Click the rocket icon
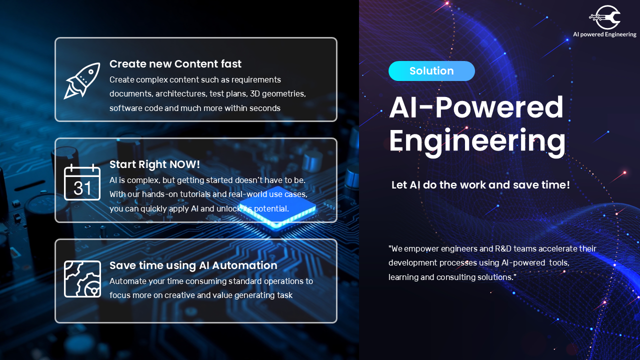coord(82,80)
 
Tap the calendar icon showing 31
coord(82,182)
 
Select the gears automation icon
coord(82,279)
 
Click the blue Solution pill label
coord(431,71)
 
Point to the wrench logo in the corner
coord(605,17)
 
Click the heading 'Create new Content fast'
coord(175,64)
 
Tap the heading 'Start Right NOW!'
coord(154,164)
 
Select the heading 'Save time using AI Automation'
coord(193,265)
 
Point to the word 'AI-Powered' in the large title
coord(476,107)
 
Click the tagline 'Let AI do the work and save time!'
coord(480,185)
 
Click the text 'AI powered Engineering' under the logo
coord(604,34)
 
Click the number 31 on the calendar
coord(82,188)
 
